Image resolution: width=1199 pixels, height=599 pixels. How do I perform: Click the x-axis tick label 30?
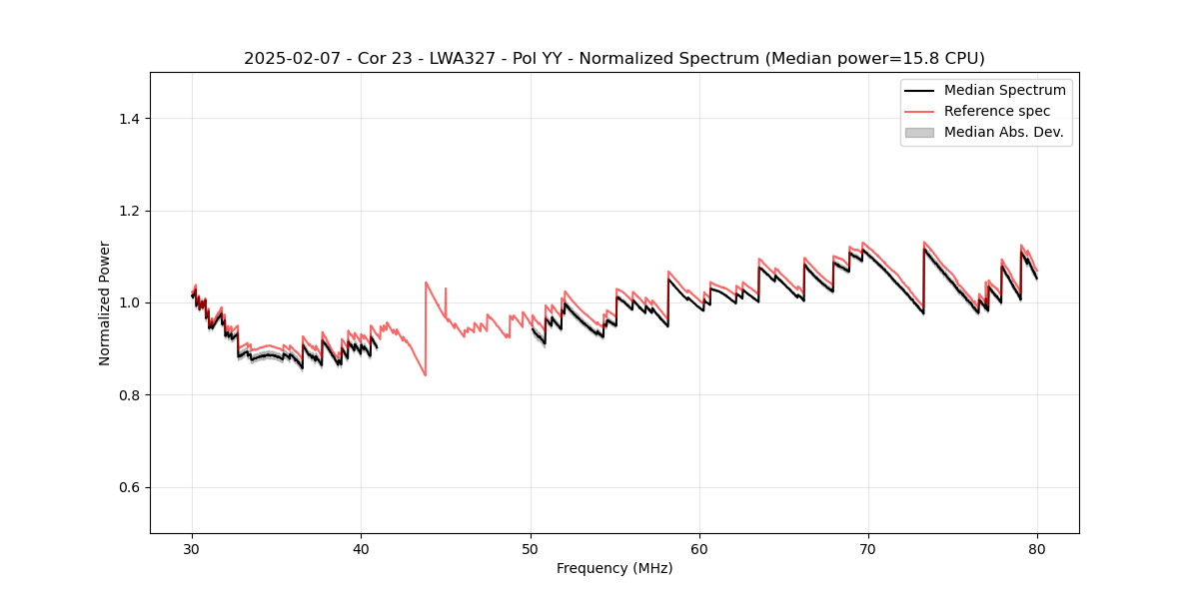coord(192,548)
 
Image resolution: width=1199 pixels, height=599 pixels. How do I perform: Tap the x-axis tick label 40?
coord(361,548)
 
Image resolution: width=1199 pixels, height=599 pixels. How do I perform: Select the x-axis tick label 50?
coord(531,548)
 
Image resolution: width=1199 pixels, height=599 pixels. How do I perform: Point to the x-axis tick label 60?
coord(699,548)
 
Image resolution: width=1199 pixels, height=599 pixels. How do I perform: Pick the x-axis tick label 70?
coord(868,548)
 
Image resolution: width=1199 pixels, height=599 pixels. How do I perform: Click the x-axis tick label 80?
coord(1037,548)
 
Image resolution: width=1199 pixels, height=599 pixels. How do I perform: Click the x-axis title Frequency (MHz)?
coord(614,568)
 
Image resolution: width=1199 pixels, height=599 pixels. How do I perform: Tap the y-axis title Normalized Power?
coord(105,302)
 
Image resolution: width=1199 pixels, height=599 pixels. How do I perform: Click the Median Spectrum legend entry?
coord(1004,90)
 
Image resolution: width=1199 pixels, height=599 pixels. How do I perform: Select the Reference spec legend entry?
coord(997,111)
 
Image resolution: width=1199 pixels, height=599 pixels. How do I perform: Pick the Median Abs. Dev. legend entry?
coord(1003,132)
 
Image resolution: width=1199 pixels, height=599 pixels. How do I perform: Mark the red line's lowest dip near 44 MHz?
coord(426,375)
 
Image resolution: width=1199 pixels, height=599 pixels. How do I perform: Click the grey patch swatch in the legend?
coord(919,132)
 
